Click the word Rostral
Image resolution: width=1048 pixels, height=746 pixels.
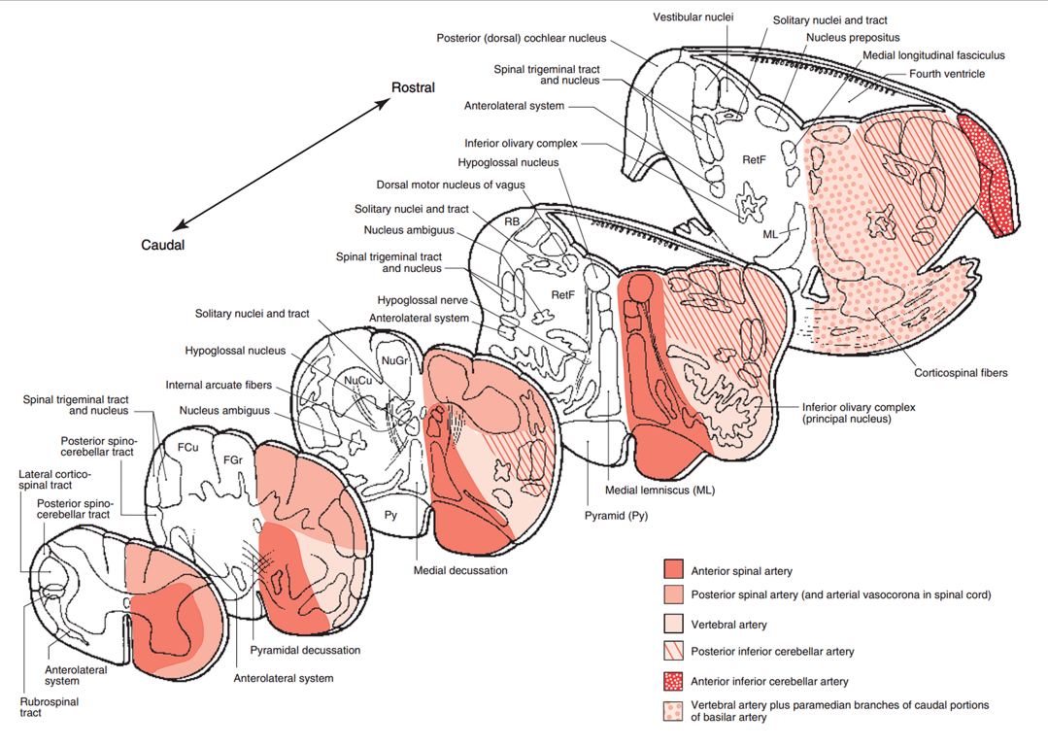click(413, 88)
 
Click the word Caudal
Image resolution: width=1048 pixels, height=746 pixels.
click(163, 246)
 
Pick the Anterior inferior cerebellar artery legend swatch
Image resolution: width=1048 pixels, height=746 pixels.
click(674, 680)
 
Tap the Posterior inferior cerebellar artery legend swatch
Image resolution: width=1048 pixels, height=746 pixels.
click(674, 651)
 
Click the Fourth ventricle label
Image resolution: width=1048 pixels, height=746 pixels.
click(947, 74)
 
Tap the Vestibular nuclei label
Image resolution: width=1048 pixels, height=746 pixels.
click(693, 17)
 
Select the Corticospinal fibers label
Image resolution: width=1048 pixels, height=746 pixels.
click(961, 372)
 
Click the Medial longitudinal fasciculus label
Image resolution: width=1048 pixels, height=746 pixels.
click(933, 55)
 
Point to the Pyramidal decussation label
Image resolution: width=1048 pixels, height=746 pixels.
click(305, 650)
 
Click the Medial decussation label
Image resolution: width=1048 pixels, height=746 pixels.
click(460, 570)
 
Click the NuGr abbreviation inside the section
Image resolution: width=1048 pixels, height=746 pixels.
click(395, 360)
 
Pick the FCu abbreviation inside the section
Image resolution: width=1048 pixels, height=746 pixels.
click(187, 450)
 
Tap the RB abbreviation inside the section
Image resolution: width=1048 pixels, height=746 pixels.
click(511, 220)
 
